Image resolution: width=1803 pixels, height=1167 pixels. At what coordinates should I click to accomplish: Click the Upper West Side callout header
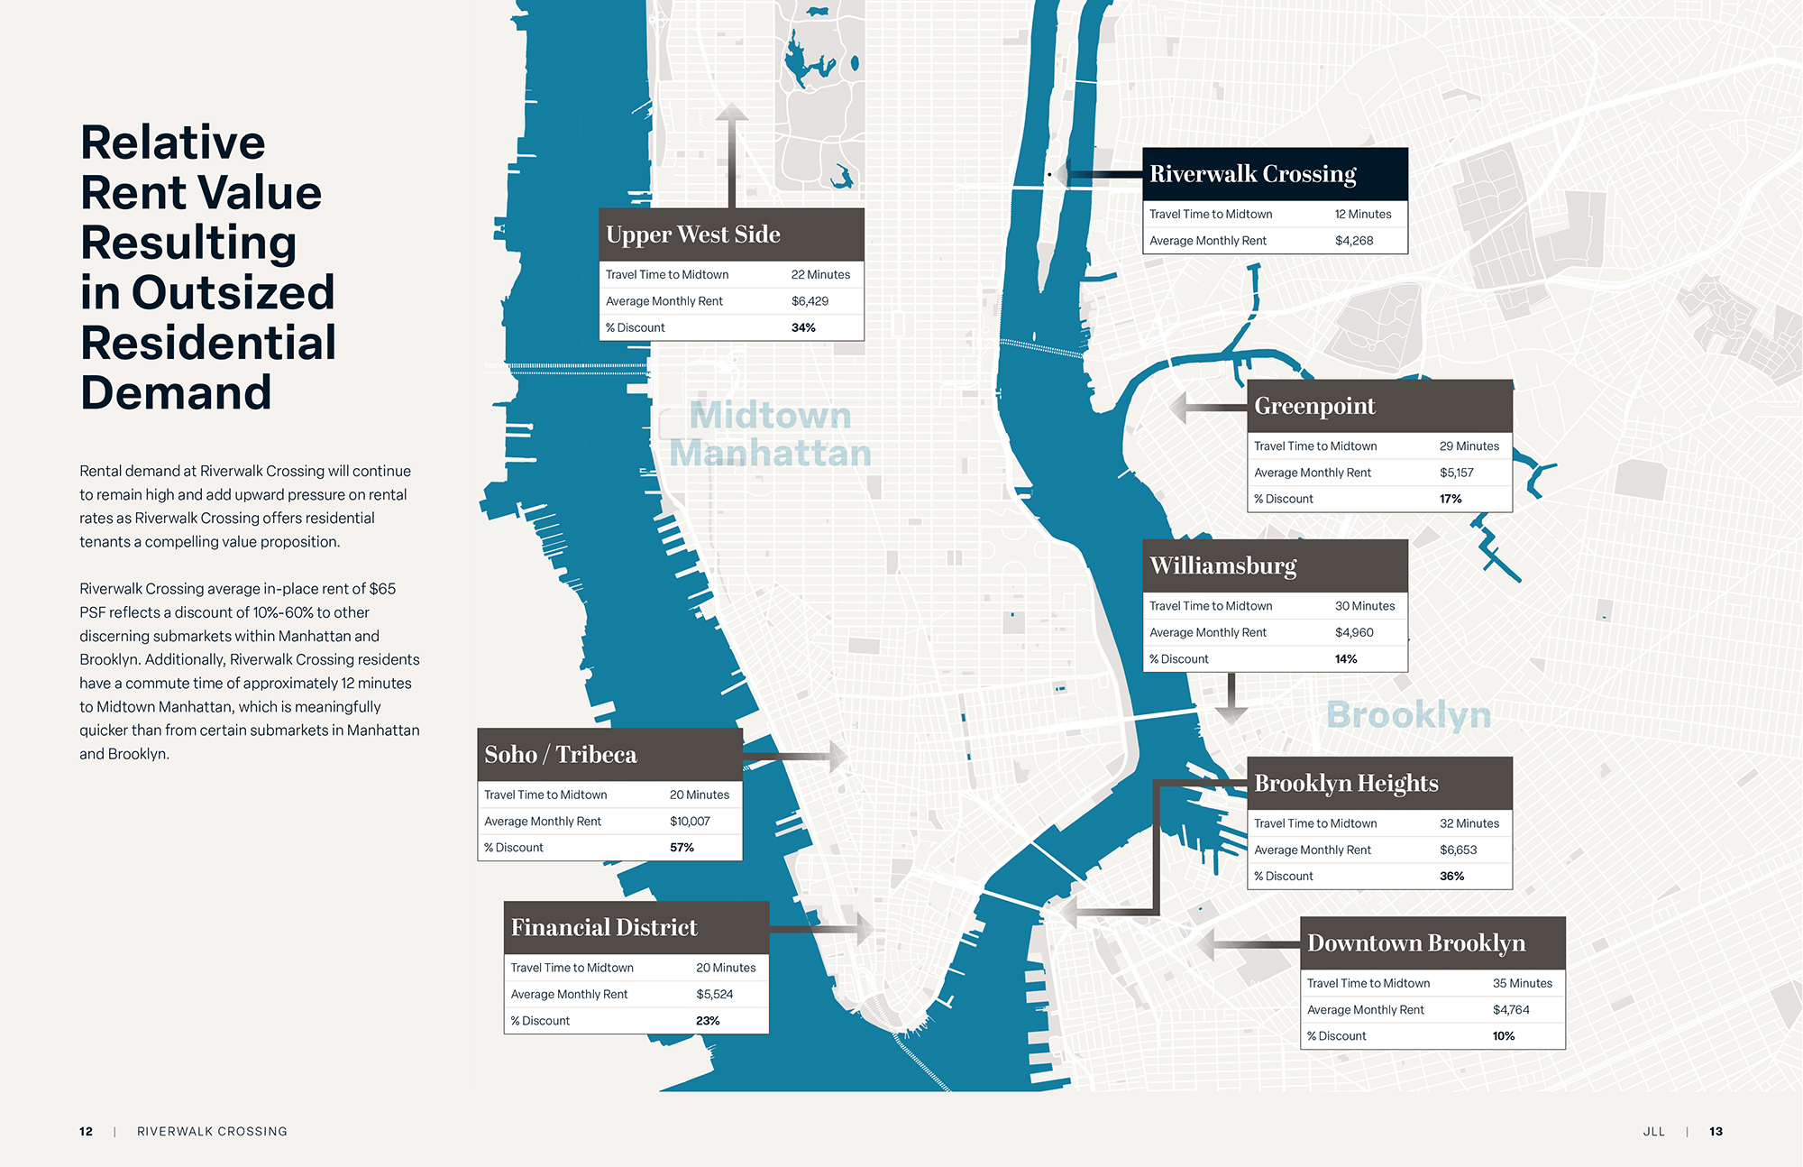(x=693, y=234)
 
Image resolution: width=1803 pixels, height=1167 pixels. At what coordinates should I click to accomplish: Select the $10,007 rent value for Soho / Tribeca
(x=690, y=821)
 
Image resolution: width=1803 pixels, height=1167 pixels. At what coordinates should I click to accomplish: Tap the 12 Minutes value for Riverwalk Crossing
(x=1363, y=214)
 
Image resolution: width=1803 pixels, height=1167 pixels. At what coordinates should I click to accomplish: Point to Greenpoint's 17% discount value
(x=1451, y=499)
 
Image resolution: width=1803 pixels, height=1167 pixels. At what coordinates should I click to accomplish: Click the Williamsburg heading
(x=1223, y=565)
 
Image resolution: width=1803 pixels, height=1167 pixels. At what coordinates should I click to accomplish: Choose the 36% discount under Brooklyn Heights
(x=1451, y=876)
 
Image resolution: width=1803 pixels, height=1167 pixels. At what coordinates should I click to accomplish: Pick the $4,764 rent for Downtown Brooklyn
(x=1511, y=1009)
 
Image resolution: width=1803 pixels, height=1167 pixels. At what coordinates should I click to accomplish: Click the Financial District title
(x=604, y=927)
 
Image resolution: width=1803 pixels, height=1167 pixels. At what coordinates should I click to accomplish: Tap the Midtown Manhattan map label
(x=770, y=435)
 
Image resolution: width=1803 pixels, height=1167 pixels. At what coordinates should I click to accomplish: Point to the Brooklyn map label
(x=1408, y=714)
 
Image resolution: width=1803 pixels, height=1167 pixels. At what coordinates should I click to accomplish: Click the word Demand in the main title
(x=176, y=392)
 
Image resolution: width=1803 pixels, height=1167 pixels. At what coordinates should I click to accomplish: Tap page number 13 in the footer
(x=1716, y=1131)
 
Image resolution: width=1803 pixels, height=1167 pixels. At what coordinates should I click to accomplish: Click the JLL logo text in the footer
(x=1653, y=1131)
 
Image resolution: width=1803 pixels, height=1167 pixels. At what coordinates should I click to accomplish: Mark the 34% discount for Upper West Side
(x=803, y=327)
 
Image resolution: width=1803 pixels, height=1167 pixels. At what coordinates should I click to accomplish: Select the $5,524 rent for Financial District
(x=714, y=994)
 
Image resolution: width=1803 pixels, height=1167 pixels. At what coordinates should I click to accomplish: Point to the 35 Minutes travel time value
(x=1523, y=983)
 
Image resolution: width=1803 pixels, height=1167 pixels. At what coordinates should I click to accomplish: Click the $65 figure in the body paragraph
(x=382, y=589)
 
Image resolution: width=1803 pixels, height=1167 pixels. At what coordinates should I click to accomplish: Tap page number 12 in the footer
(x=87, y=1131)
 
